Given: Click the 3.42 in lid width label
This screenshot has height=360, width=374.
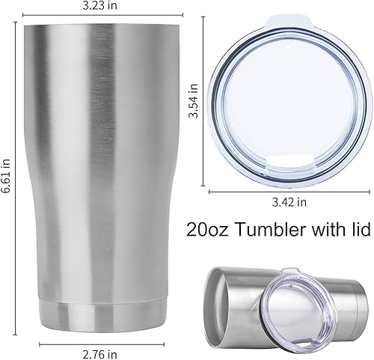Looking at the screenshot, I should tap(289, 202).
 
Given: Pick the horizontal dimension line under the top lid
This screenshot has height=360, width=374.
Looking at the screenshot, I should tap(289, 192).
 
